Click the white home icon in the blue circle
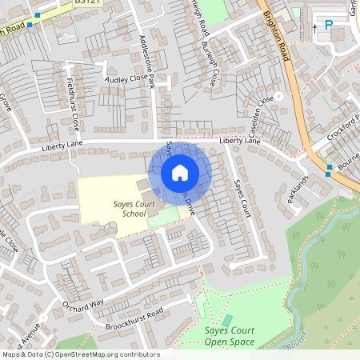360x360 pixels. click(x=180, y=173)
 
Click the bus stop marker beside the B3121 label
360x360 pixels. click(x=29, y=24)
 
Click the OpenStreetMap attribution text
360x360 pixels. click(x=80, y=354)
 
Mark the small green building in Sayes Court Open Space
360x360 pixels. click(x=226, y=321)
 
